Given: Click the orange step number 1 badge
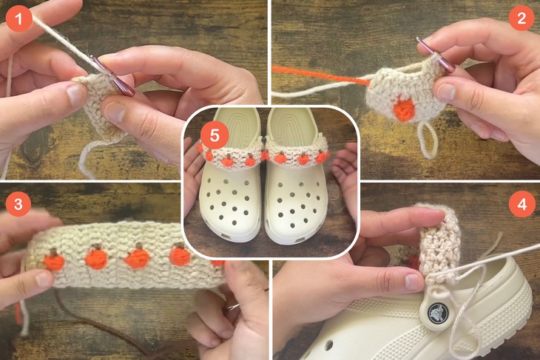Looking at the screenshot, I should [18, 18].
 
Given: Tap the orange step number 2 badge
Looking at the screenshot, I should [521, 18].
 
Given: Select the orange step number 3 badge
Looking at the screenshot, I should [18, 204].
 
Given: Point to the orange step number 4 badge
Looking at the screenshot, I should [521, 204].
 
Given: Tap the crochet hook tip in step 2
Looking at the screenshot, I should [421, 42].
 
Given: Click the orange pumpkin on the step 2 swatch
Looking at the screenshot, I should [403, 109].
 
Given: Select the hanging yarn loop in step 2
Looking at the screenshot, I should [427, 140].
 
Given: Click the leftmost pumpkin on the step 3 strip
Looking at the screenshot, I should [53, 261].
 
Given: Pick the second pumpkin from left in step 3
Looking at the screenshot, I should [95, 259].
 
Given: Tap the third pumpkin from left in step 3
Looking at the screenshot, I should [137, 259].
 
